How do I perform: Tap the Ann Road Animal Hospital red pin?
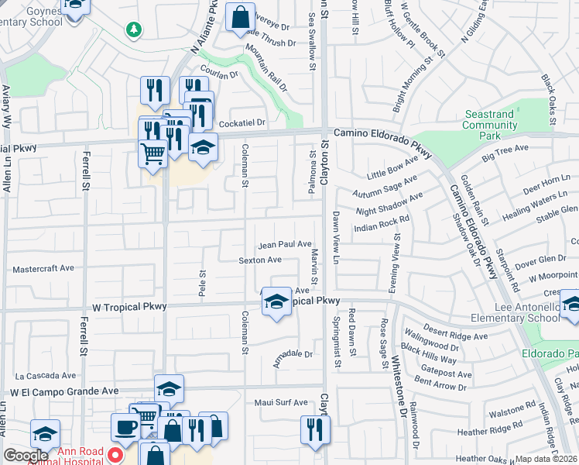click(x=115, y=454)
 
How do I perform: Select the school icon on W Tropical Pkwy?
click(x=276, y=303)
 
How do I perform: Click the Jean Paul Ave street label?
click(x=285, y=244)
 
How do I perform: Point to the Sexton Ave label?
click(x=260, y=260)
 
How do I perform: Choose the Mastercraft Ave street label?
click(x=43, y=269)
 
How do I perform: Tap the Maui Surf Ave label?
click(x=281, y=403)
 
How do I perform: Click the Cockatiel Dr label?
click(x=242, y=122)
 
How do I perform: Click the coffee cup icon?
click(x=125, y=427)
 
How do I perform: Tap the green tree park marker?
click(x=135, y=29)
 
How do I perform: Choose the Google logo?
click(x=26, y=456)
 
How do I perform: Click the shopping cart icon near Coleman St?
click(x=152, y=153)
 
